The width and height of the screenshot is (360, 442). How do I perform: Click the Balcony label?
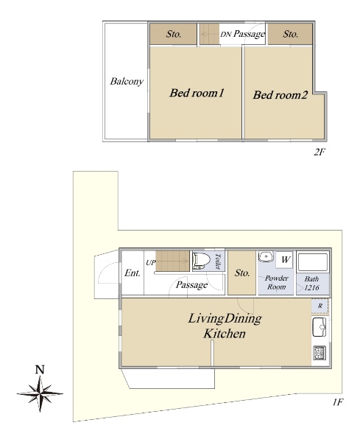[127, 82]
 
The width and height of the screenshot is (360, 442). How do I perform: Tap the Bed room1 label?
[197, 93]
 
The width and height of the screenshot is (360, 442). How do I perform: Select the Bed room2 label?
[280, 95]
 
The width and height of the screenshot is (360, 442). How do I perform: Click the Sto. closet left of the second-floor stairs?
[173, 34]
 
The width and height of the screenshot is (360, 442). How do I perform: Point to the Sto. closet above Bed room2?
[290, 34]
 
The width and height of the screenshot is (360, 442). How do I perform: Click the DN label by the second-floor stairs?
[225, 35]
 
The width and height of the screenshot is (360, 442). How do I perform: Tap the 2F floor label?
[320, 152]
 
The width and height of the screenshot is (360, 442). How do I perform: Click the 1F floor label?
[337, 402]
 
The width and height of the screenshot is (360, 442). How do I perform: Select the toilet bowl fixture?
[202, 261]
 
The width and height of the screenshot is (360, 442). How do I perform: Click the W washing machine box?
[285, 259]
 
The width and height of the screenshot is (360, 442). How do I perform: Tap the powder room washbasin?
[265, 257]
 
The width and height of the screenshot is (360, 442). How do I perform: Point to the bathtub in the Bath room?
[313, 262]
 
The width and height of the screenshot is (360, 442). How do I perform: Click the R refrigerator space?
[320, 306]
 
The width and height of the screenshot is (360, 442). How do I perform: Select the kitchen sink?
[320, 327]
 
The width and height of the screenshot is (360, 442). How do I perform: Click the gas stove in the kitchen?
[320, 353]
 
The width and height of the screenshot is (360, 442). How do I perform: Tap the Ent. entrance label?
[132, 273]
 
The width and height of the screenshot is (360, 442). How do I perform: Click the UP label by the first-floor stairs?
[151, 263]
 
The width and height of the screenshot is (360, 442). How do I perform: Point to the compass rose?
[40, 393]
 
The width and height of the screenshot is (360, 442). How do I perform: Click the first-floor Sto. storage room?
[242, 273]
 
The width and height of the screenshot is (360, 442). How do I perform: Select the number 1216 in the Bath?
[311, 287]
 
